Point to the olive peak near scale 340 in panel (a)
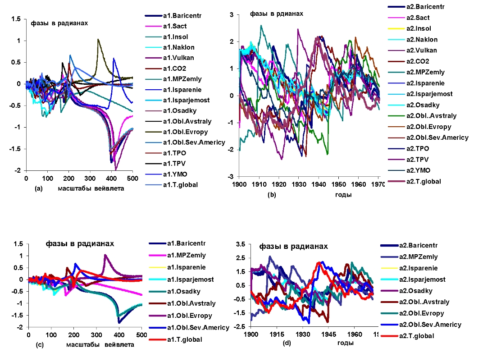pos(98,40)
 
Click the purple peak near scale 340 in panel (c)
pos(105,255)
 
